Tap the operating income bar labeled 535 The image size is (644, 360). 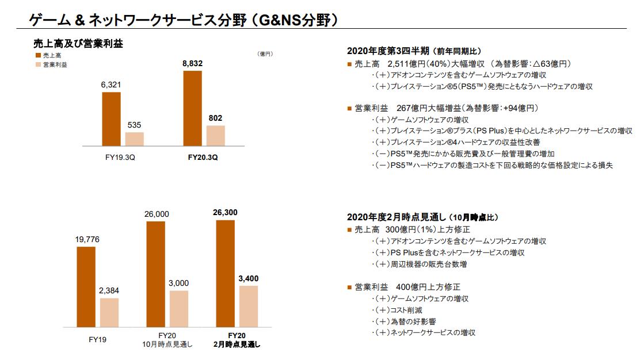point(134,139)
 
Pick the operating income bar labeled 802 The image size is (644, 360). point(215,135)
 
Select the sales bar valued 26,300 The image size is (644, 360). point(225,274)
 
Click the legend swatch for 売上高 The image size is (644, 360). point(38,55)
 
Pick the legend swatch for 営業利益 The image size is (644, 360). point(38,64)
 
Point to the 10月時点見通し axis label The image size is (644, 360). point(167,344)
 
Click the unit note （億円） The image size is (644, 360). point(265,54)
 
